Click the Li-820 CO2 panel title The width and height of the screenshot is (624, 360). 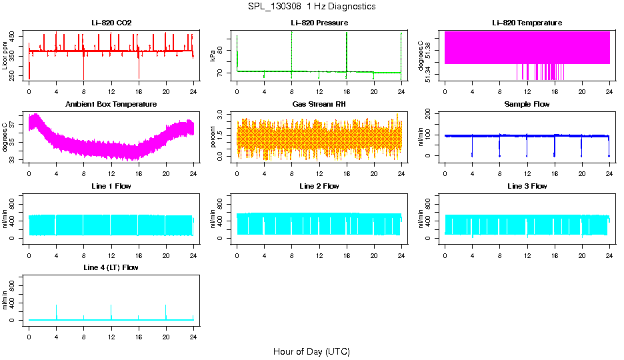[x=111, y=23]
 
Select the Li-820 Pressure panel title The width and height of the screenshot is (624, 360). [x=319, y=23]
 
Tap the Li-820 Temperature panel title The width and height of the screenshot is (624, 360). [x=527, y=23]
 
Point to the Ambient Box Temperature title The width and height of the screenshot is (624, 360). [x=111, y=105]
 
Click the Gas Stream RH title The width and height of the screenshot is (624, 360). [x=319, y=105]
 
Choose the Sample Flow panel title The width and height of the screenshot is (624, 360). [x=527, y=105]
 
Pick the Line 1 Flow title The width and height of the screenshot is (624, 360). [x=111, y=186]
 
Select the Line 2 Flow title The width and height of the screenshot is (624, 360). [x=319, y=186]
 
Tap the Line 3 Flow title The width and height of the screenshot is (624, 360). [x=527, y=186]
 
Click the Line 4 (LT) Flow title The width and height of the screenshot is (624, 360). [x=111, y=267]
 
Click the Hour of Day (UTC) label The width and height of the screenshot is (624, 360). [x=311, y=351]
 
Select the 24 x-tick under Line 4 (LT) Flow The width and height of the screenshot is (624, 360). [x=193, y=336]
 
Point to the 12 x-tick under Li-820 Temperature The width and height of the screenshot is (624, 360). [x=527, y=91]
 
